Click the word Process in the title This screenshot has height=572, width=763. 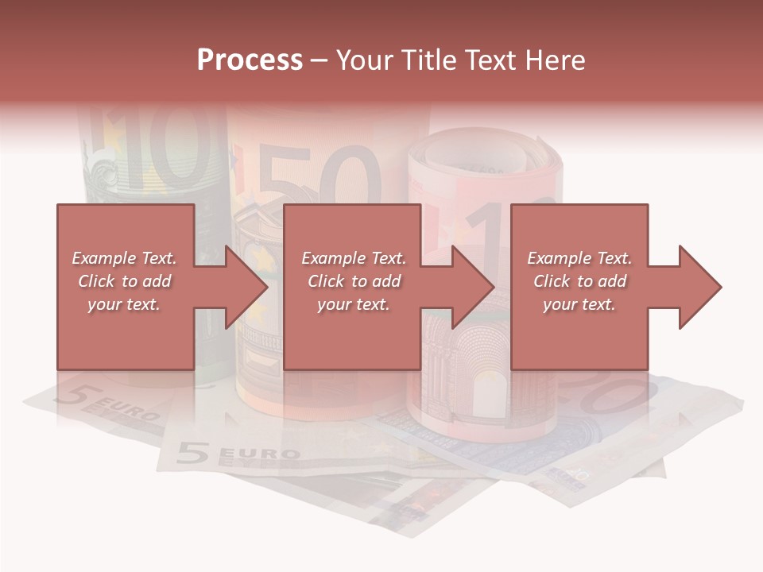click(x=250, y=60)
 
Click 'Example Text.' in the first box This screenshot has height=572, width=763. click(x=125, y=258)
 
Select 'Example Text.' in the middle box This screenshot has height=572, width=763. click(x=354, y=258)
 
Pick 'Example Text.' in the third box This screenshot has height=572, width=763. click(x=579, y=258)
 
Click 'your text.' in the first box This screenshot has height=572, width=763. click(x=125, y=304)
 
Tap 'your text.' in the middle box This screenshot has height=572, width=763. click(x=354, y=304)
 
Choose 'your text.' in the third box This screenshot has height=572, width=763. click(x=579, y=304)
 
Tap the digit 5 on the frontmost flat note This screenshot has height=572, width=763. click(x=192, y=452)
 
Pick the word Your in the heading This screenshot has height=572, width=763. click(x=363, y=60)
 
